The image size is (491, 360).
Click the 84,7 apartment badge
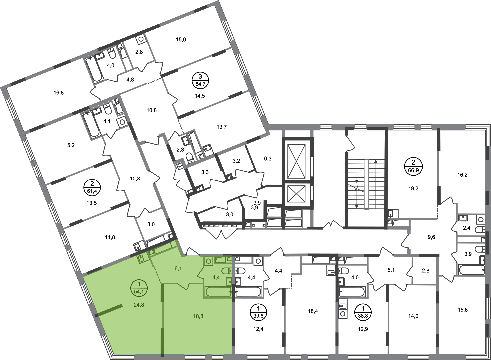coord(200,80)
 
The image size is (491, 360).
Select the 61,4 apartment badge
coord(92,188)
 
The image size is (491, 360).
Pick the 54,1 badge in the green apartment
coord(139,288)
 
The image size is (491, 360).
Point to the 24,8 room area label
coord(139,305)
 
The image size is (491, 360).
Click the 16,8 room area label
coord(59,93)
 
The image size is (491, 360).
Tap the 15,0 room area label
coord(181,40)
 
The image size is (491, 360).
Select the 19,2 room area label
coord(413,188)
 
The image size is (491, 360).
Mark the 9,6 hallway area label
coord(431,237)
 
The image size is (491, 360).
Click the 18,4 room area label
coord(313,311)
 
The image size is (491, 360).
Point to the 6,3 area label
coord(268,158)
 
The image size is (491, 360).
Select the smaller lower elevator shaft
coord(296,194)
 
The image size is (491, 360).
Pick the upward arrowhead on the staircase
coord(376,161)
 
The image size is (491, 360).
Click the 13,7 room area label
coord(222,127)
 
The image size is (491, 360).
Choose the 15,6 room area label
coord(463,310)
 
